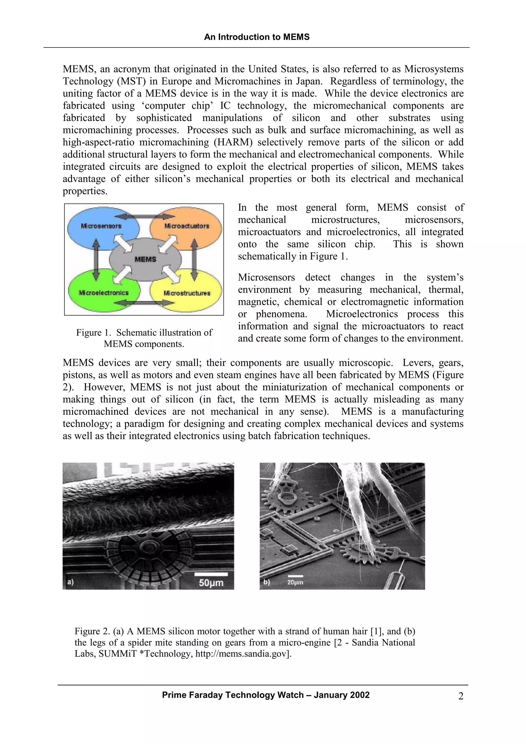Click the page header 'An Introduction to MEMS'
[257, 37]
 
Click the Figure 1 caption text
[144, 338]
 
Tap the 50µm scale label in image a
[211, 583]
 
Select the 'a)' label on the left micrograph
[70, 582]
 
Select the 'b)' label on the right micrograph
[266, 582]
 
